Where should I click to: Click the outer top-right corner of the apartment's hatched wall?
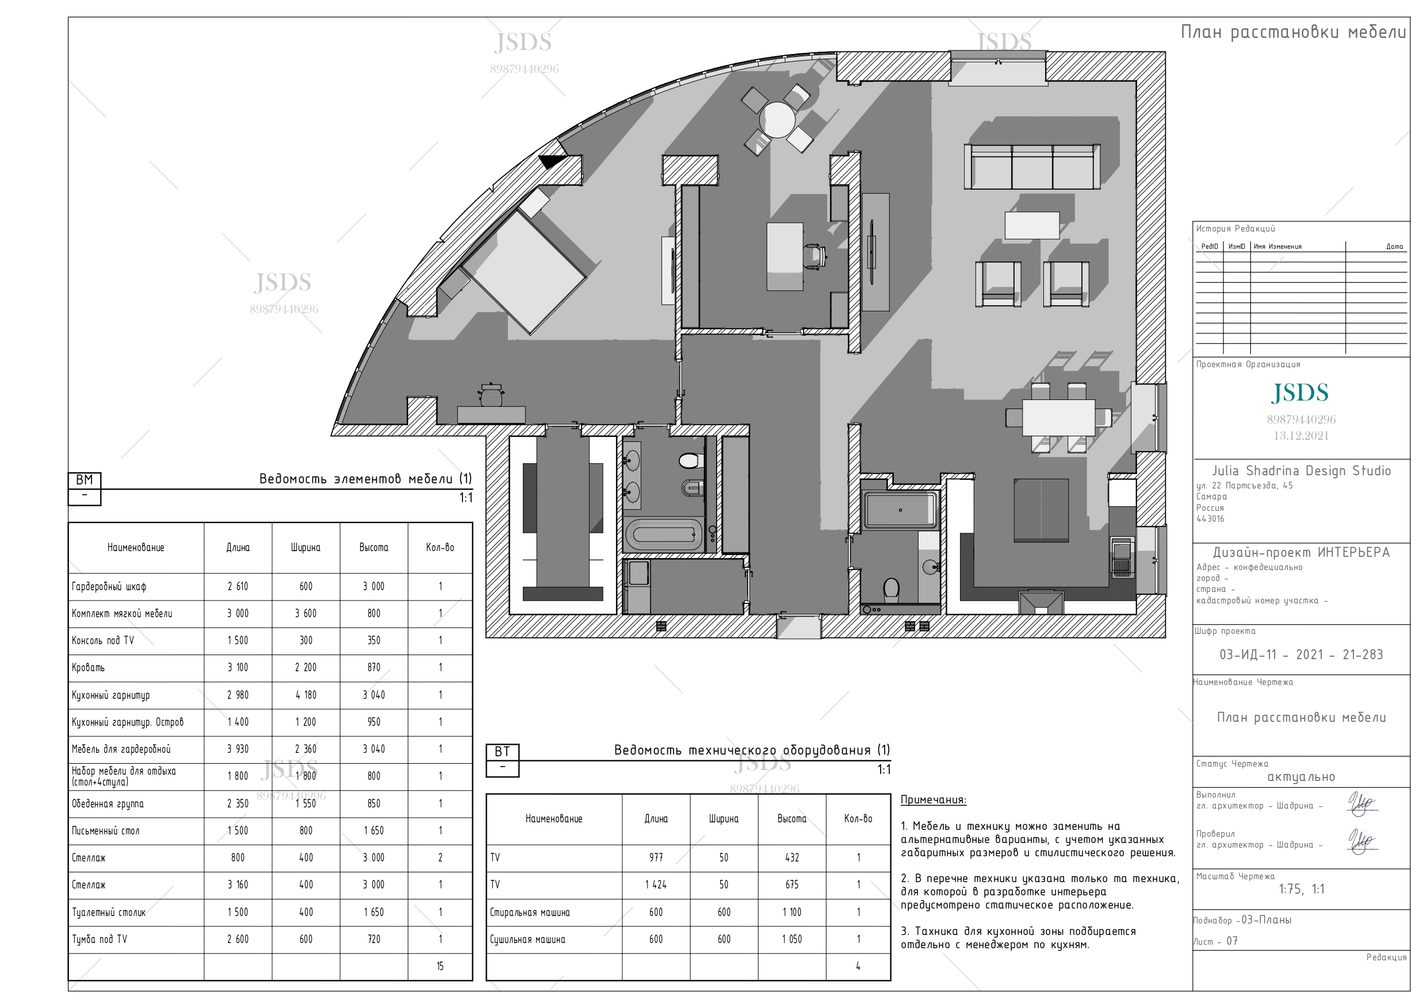point(1165,52)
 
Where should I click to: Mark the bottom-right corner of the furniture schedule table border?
point(472,980)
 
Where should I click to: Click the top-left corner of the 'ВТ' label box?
point(486,744)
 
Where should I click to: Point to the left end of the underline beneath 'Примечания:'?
point(901,806)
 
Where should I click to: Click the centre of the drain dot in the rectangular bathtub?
point(900,510)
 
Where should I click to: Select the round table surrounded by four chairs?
point(777,120)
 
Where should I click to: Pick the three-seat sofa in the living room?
point(1032,166)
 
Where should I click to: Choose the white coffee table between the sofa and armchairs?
point(1032,225)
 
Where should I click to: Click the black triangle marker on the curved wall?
point(550,161)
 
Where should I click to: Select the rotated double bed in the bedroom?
point(524,271)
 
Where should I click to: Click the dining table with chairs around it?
point(1058,417)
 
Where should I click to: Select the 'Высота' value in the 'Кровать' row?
point(373,668)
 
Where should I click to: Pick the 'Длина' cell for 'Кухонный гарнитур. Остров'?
point(238,722)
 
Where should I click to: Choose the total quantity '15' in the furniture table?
point(440,967)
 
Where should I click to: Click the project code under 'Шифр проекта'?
point(1301,655)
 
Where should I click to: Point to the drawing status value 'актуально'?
point(1301,777)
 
